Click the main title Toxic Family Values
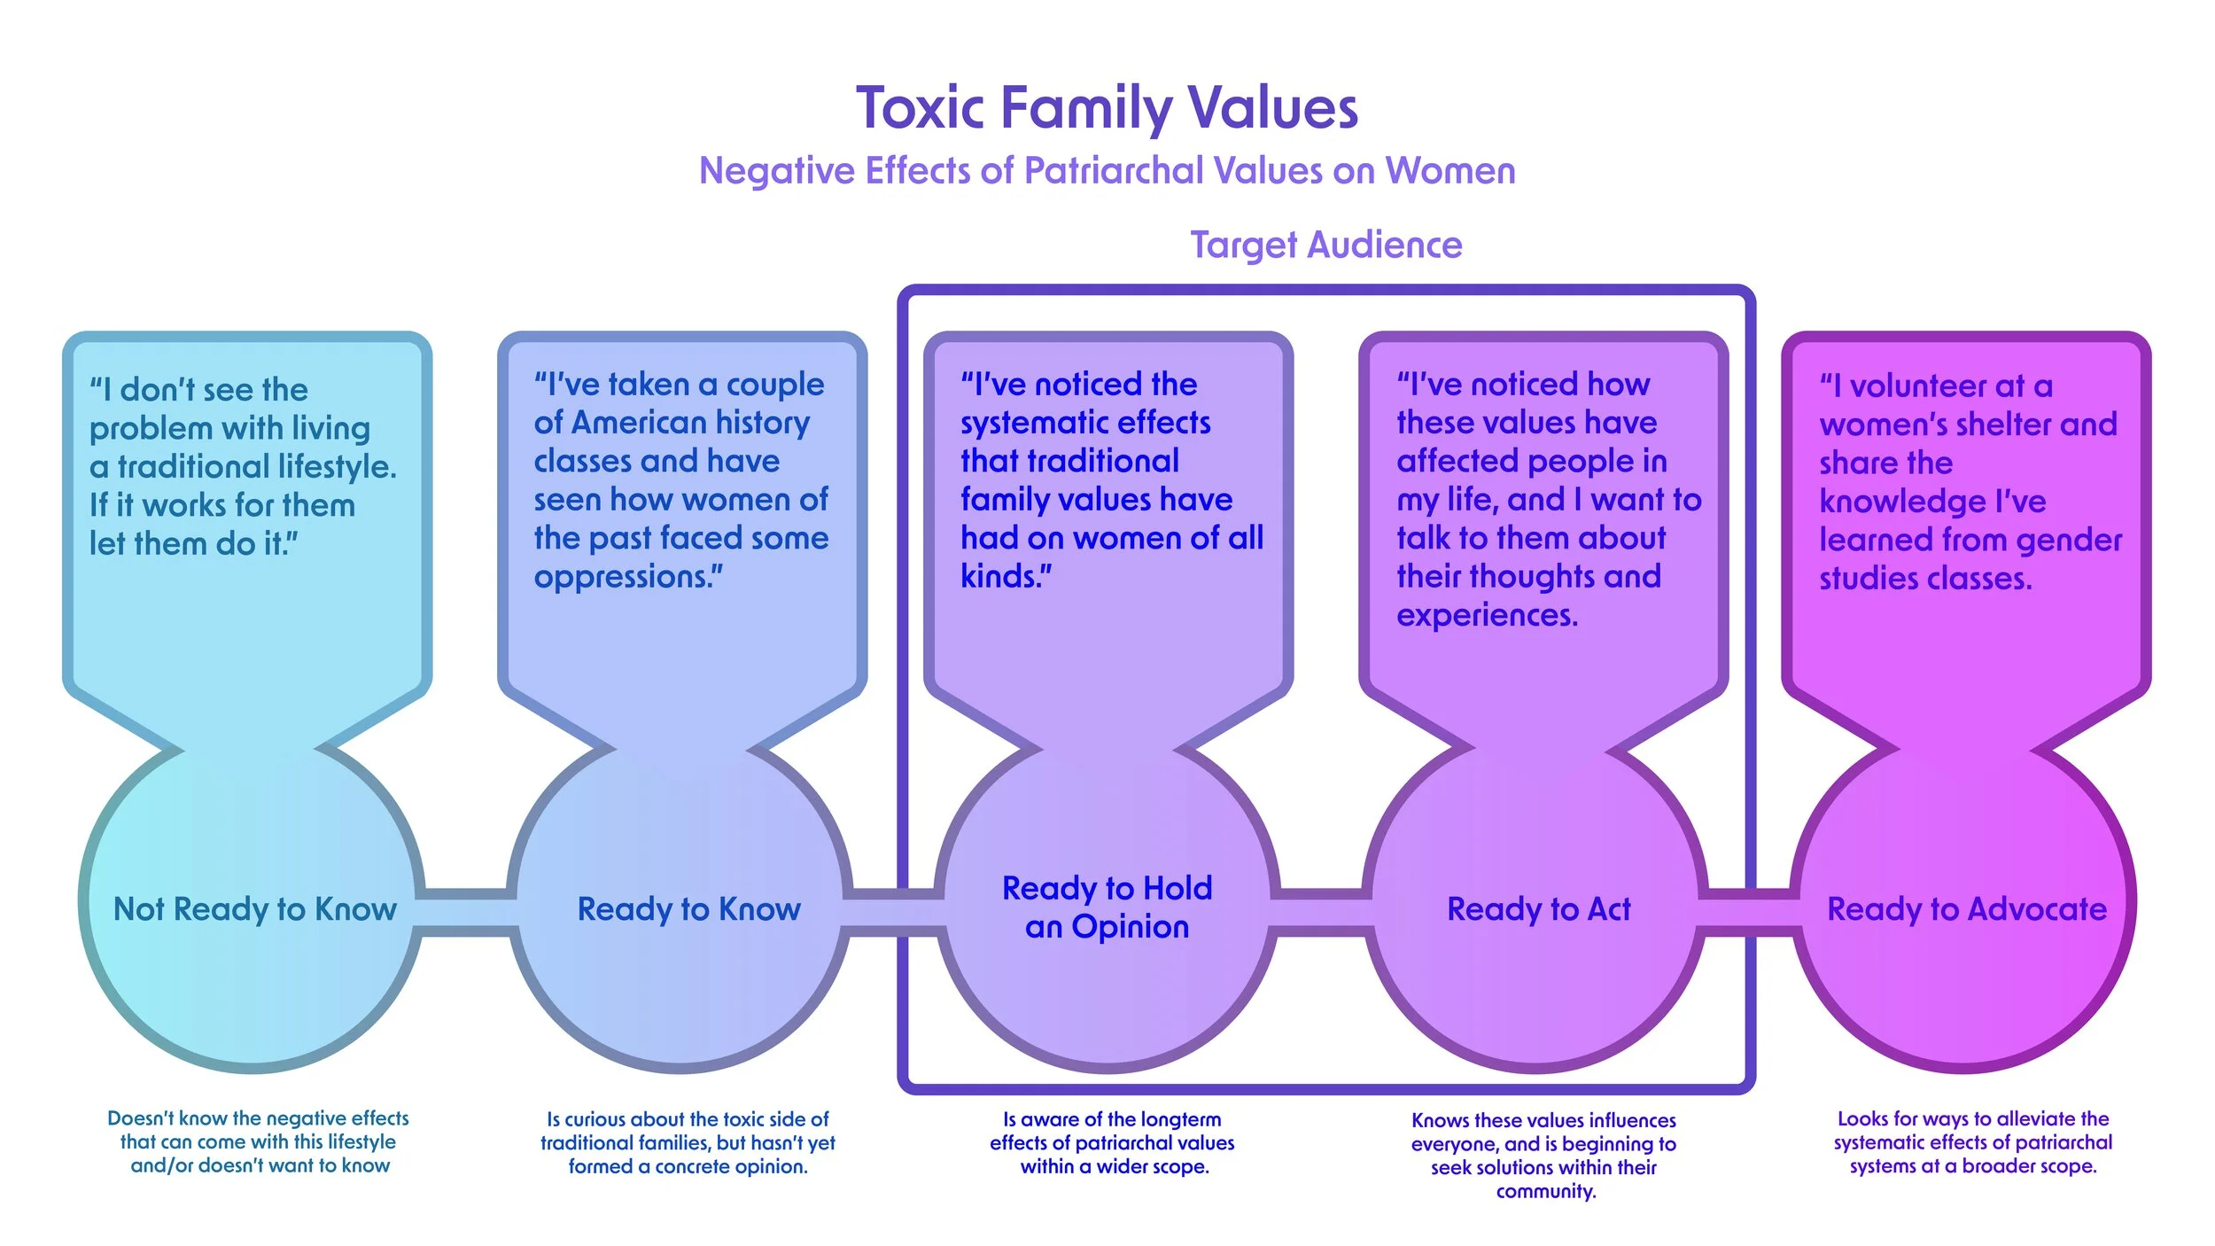point(1107,108)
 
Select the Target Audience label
point(1325,245)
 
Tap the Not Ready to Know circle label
point(255,909)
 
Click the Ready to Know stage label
point(688,909)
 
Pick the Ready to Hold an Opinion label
point(1107,907)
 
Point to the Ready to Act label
point(1539,909)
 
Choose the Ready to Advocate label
point(1967,909)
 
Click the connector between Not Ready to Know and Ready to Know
point(466,911)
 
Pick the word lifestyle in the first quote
point(337,467)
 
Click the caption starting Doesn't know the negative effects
point(259,1141)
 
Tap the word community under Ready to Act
point(1545,1191)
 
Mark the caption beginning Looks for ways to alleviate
point(1972,1142)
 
